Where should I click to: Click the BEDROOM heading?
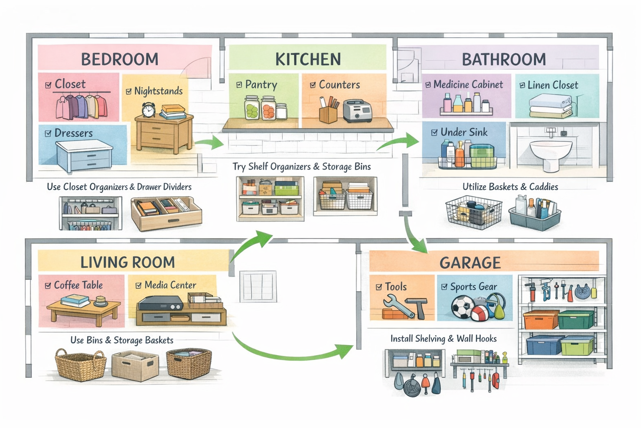point(119,59)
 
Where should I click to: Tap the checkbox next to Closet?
point(48,85)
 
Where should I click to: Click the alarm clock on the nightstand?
point(148,110)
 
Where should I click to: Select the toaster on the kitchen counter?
point(357,111)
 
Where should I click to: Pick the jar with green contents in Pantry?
point(252,108)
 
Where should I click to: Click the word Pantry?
point(261,85)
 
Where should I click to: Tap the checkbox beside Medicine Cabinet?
point(428,85)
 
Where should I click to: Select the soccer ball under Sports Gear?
point(462,307)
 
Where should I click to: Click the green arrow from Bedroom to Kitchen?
point(210,143)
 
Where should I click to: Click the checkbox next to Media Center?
point(139,285)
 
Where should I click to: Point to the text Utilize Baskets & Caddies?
point(510,187)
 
